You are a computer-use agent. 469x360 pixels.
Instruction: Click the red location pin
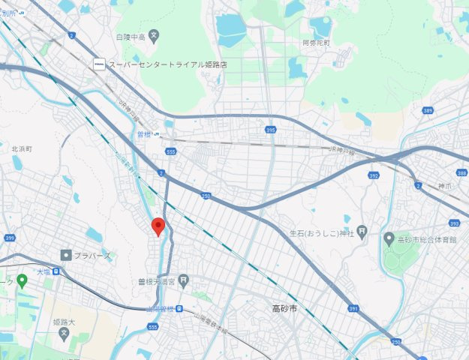[158, 226]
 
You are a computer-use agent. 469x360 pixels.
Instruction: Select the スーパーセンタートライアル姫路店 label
[167, 64]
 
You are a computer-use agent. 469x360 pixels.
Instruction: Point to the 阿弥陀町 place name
[316, 43]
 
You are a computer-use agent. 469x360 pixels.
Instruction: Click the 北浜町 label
[22, 149]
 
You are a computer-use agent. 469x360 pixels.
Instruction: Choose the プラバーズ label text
[92, 255]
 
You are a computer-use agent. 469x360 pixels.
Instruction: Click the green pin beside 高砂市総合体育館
[389, 238]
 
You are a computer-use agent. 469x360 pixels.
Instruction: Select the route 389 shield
[428, 110]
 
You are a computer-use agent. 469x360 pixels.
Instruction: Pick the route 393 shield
[454, 223]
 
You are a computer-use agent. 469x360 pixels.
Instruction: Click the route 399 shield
[10, 238]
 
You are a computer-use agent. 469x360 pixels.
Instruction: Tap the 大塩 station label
[44, 273]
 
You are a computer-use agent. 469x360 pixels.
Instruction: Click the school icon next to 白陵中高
[154, 34]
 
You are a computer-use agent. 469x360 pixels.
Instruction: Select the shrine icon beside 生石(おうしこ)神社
[362, 231]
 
